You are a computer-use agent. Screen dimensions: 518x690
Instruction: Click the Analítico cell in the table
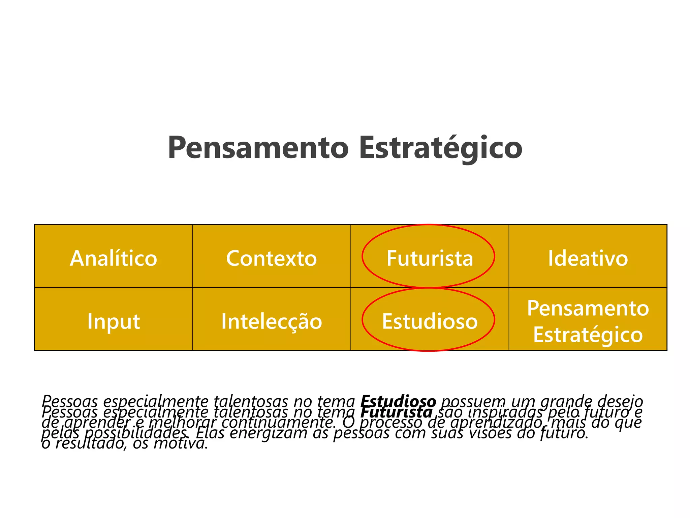(x=114, y=258)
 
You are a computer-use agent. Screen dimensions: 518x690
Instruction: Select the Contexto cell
(x=272, y=258)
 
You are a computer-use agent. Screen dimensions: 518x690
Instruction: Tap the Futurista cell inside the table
(x=430, y=258)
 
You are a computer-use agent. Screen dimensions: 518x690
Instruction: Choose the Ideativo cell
(x=588, y=258)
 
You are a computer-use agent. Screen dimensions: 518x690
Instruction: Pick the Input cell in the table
(x=114, y=321)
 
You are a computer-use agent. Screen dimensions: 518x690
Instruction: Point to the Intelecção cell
(x=272, y=321)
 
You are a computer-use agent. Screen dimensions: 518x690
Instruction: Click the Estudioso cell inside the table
(x=430, y=321)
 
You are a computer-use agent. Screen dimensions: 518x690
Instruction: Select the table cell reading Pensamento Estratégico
(x=588, y=321)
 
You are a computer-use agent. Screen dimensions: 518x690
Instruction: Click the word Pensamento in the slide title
(x=258, y=148)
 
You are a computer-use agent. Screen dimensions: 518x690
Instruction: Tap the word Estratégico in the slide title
(x=441, y=148)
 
